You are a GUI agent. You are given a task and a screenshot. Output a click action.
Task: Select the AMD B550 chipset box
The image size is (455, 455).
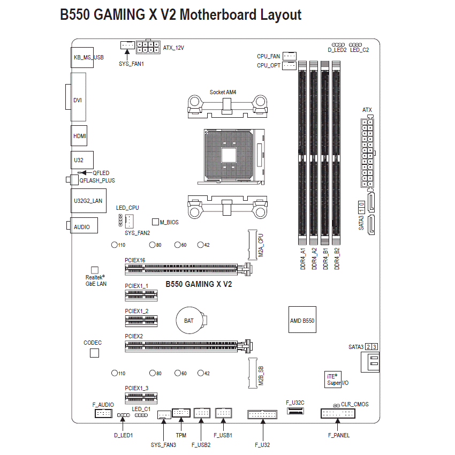pyautogui.click(x=302, y=320)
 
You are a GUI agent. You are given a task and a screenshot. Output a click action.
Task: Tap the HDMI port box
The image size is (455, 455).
pyautogui.click(x=79, y=135)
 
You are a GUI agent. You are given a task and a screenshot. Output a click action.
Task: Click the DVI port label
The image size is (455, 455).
pyautogui.click(x=78, y=100)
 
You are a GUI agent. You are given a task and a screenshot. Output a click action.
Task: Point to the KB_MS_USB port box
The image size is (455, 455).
pyautogui.click(x=82, y=57)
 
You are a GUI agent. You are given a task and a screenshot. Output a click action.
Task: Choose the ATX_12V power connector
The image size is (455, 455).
pyautogui.click(x=148, y=47)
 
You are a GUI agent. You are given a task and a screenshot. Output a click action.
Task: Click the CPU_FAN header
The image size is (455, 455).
pyautogui.click(x=289, y=56)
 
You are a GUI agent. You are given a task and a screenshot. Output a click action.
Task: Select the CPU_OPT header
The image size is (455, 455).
pyautogui.click(x=289, y=66)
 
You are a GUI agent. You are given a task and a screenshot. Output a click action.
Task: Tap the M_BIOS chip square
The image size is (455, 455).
pyautogui.click(x=156, y=222)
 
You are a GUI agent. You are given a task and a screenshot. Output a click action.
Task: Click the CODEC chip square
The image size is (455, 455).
pyautogui.click(x=94, y=353)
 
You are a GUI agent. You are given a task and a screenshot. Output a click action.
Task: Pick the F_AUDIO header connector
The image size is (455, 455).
pyautogui.click(x=103, y=413)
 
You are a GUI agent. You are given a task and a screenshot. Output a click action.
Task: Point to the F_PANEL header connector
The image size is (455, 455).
pyautogui.click(x=338, y=413)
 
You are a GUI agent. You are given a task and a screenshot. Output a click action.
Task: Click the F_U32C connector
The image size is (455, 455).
pyautogui.click(x=295, y=411)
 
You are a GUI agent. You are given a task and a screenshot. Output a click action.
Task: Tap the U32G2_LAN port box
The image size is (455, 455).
pyautogui.click(x=88, y=201)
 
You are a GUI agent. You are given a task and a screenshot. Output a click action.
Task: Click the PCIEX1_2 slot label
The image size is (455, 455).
pyautogui.click(x=136, y=311)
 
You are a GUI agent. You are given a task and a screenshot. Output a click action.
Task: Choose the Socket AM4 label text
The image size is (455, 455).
pyautogui.click(x=223, y=92)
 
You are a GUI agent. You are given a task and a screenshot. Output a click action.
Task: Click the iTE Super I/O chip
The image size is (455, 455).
pyautogui.click(x=333, y=380)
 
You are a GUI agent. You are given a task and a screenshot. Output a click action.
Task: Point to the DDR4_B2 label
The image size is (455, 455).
pyautogui.click(x=337, y=259)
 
